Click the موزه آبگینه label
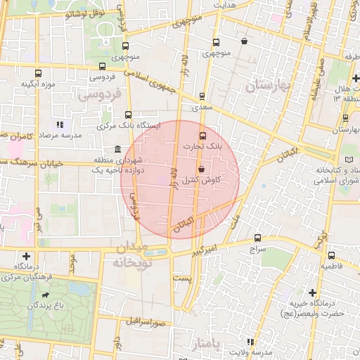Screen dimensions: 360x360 click(38, 84)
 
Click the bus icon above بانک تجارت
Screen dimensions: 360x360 click(203, 135)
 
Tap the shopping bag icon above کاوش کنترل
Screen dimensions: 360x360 click(202, 169)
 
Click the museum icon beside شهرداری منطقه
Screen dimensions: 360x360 click(117, 150)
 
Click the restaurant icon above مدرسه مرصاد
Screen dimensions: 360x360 click(60, 124)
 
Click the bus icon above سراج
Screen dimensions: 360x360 click(258, 238)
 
